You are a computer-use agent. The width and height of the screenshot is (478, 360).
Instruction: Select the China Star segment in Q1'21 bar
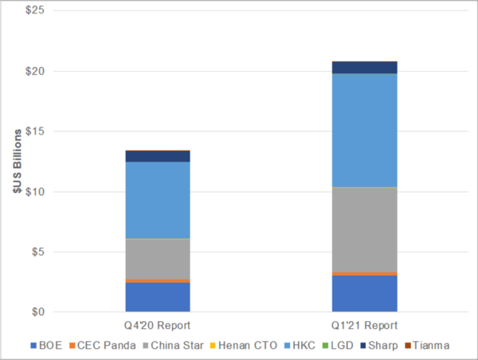point(365,229)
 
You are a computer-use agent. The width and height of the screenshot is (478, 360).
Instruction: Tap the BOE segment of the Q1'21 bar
point(365,293)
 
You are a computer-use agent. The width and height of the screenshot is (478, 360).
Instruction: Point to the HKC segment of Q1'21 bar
point(365,131)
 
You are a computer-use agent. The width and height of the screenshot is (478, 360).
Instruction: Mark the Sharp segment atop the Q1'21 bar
point(365,67)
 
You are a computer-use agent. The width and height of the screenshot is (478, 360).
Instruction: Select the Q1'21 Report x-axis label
point(365,325)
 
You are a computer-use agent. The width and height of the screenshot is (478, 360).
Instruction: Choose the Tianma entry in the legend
point(429,346)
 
